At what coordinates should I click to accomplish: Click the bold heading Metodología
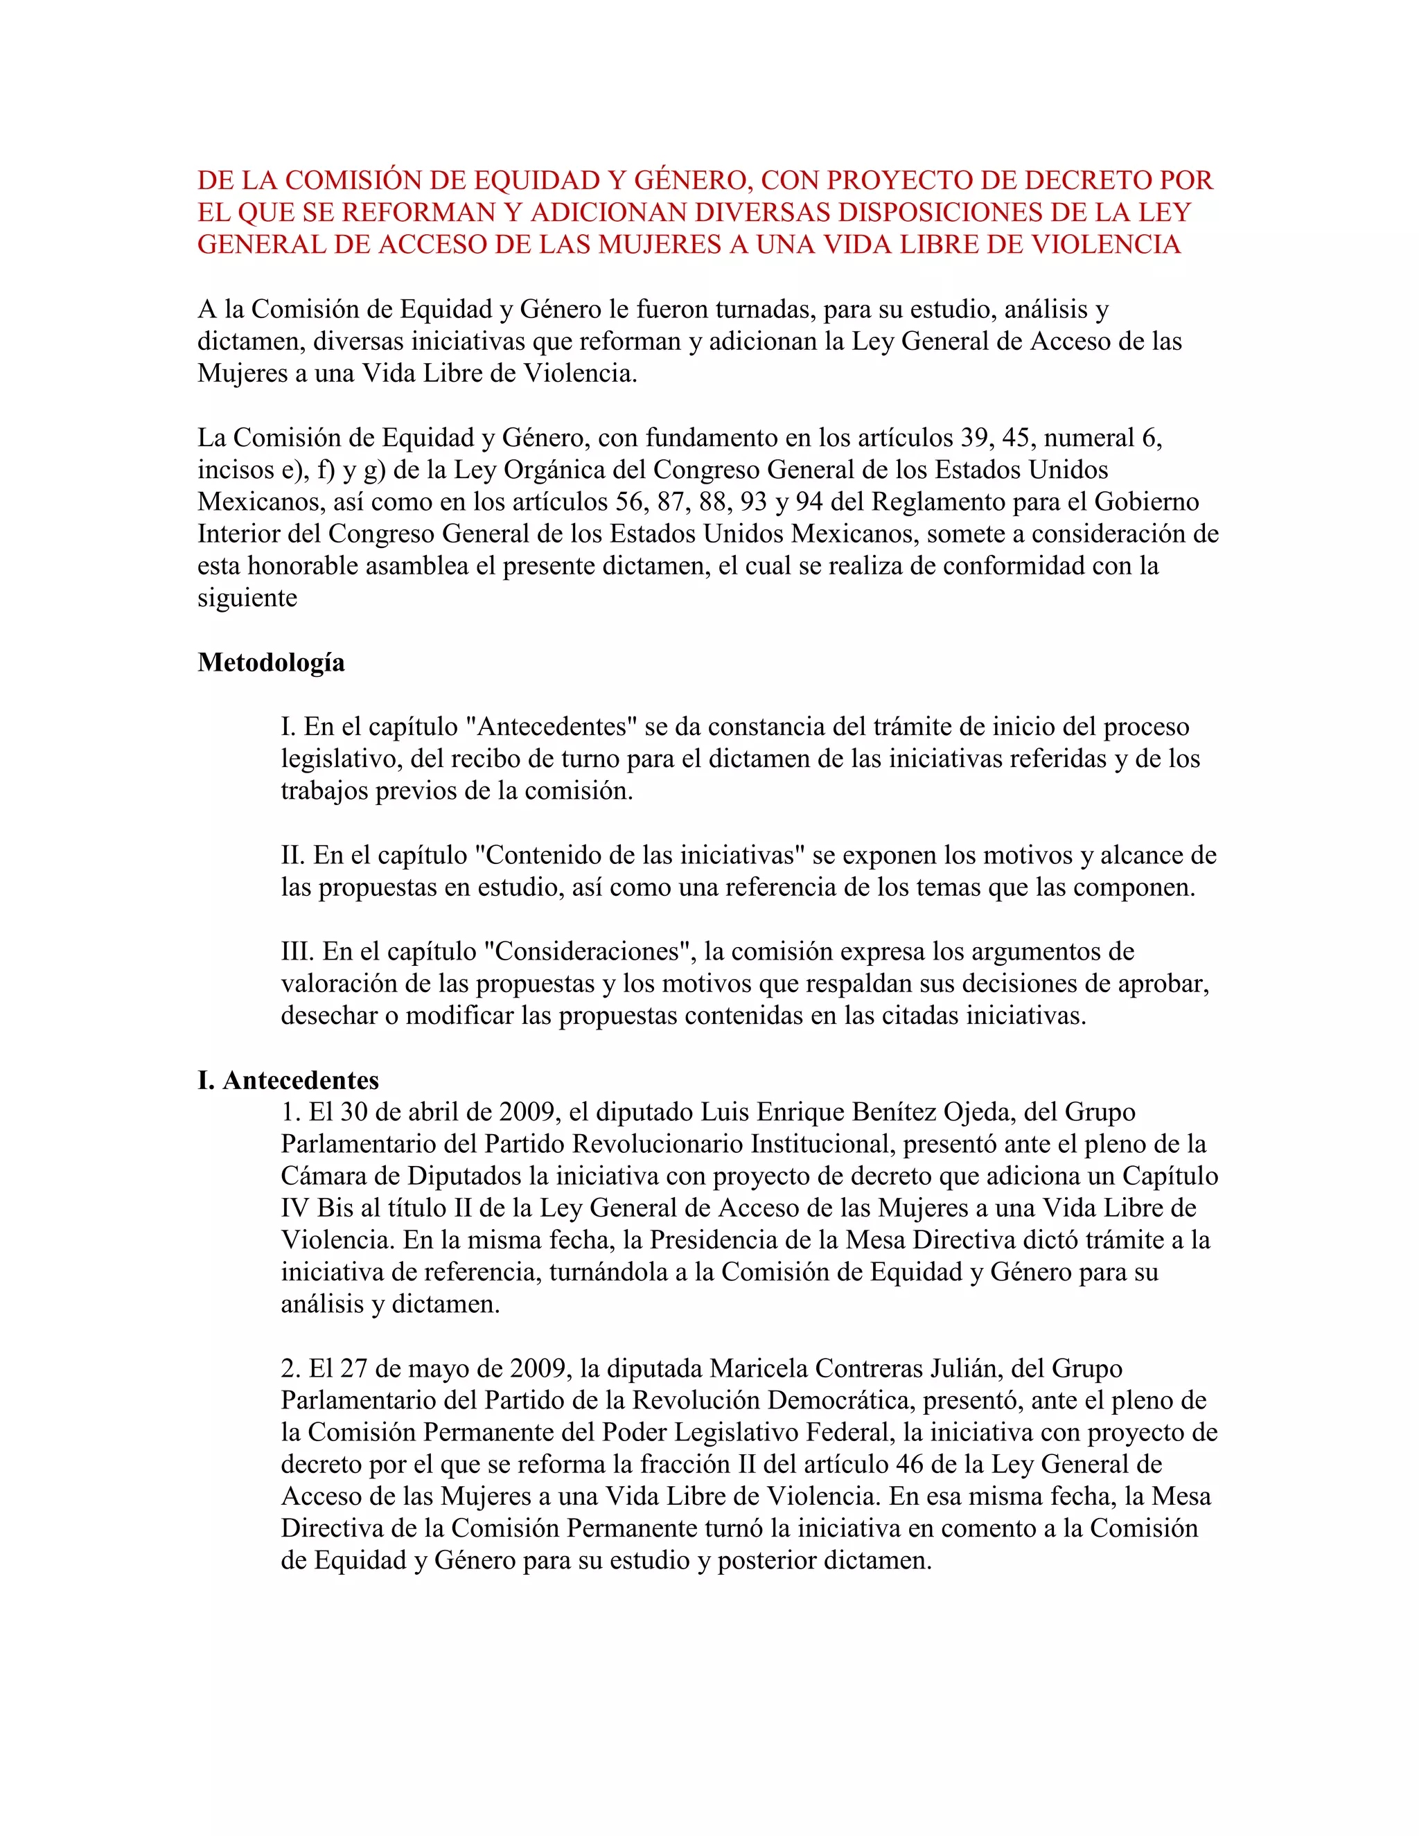(271, 663)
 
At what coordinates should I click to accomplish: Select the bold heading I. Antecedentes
(288, 1080)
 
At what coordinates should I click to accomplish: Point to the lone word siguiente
(247, 599)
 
